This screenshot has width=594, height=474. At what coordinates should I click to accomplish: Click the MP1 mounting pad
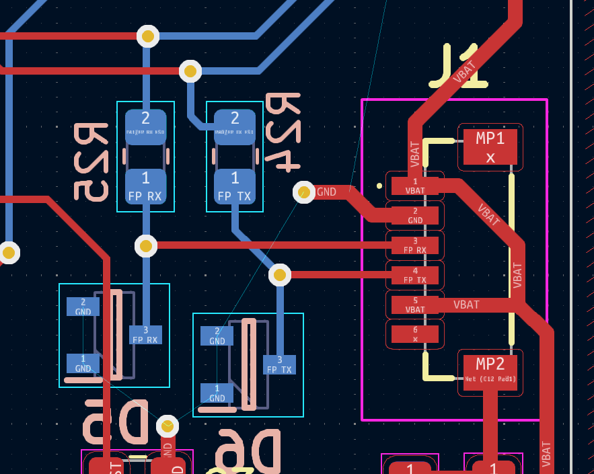pos(490,147)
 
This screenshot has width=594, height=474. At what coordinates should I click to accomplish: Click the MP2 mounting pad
pos(490,372)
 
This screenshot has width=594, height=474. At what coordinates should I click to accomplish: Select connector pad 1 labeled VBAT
pos(415,186)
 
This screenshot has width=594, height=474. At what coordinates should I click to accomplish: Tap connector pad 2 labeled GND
pos(415,215)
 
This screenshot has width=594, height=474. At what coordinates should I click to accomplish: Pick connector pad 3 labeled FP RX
pos(415,245)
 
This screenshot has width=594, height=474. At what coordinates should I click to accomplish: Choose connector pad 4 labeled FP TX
pos(415,275)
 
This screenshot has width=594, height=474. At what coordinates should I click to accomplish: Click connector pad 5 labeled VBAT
pos(415,305)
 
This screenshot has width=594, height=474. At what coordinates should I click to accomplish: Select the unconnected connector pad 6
pos(415,334)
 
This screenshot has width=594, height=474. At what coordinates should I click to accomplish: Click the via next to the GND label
pos(304,192)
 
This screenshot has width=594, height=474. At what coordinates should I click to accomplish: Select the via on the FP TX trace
pos(280,274)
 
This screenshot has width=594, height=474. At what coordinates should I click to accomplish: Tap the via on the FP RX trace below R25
pos(146,246)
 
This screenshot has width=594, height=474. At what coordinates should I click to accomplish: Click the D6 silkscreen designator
pos(247,452)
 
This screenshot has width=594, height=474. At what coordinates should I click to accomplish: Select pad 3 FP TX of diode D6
pos(279,364)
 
